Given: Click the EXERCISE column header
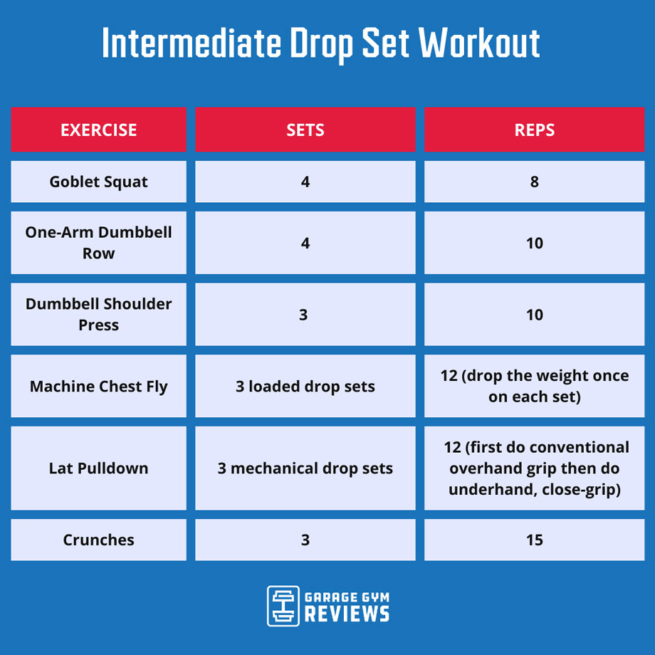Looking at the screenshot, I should (x=98, y=130).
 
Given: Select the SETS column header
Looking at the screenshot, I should (x=305, y=130).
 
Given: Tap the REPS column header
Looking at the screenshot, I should (x=534, y=130).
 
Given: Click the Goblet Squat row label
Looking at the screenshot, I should (x=98, y=182).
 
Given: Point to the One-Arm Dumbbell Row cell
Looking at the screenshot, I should (x=98, y=243).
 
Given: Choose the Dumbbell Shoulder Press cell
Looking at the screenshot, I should (x=98, y=314).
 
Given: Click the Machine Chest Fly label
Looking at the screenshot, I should (x=98, y=387).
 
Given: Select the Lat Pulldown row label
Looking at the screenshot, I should (x=98, y=468).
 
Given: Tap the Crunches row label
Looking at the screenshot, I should (x=98, y=540).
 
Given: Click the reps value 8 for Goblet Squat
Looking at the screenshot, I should (x=534, y=182).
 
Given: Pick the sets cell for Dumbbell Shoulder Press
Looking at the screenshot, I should (x=304, y=314).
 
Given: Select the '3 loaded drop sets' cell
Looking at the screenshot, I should (x=305, y=387).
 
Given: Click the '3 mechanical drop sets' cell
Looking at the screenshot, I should (x=305, y=468).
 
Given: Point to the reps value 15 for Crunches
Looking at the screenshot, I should (x=534, y=540).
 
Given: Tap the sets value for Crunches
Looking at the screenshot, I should (x=305, y=540).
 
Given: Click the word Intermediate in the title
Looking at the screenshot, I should (x=192, y=44).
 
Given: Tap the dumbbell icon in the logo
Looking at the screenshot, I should (x=282, y=606).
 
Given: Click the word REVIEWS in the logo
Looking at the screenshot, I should (x=347, y=614).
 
